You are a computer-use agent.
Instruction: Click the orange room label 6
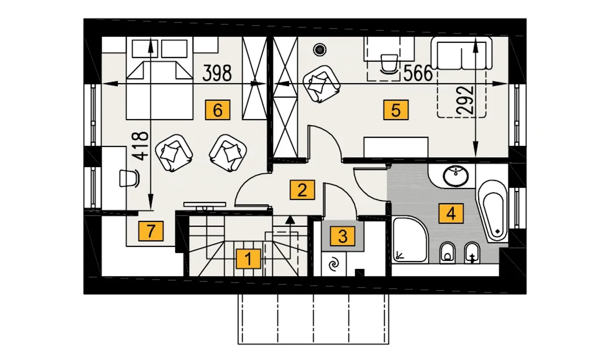click(x=218, y=110)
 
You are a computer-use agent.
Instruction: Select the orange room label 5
click(x=396, y=110)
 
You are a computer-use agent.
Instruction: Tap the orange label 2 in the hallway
click(x=302, y=190)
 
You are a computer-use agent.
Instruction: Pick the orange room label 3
click(x=343, y=236)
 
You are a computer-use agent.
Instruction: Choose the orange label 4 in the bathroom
click(x=451, y=213)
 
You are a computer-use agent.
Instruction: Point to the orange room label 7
click(x=151, y=231)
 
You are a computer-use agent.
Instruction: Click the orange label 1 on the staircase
click(x=248, y=259)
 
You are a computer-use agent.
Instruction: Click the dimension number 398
click(x=217, y=73)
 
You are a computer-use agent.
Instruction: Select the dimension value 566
click(x=418, y=73)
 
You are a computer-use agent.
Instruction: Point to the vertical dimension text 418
click(x=141, y=146)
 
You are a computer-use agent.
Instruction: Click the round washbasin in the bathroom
click(x=456, y=176)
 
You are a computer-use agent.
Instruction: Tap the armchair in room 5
click(x=321, y=85)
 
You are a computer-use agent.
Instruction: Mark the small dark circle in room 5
click(x=320, y=49)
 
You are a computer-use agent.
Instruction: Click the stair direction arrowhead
click(x=290, y=219)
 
